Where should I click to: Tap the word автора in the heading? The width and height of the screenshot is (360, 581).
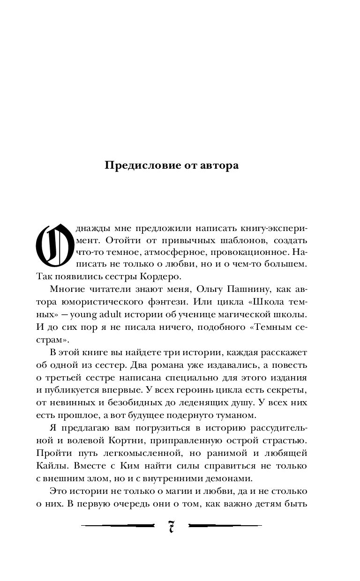pos(218,166)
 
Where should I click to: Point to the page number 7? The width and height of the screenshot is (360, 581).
pos(172,527)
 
